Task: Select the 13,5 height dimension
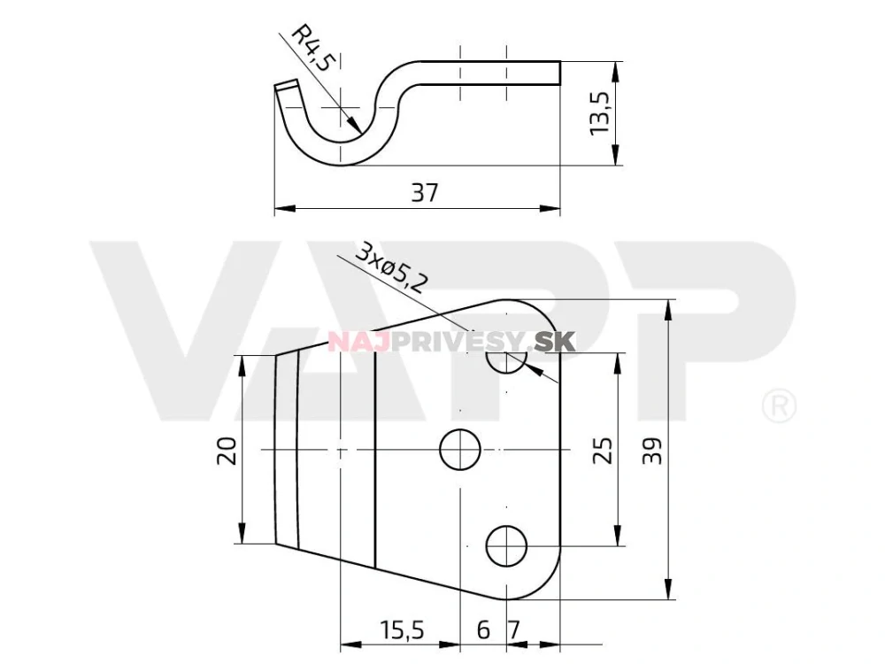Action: tap(600, 113)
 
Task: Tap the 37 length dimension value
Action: tap(425, 192)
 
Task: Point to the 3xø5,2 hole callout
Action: tap(390, 268)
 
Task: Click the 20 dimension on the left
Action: tap(227, 450)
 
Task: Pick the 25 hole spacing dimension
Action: tap(603, 450)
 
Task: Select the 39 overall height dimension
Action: tap(652, 450)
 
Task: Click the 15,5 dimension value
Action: tap(401, 629)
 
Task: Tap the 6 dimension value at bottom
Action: tap(483, 629)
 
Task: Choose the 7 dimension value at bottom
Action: tap(513, 629)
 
